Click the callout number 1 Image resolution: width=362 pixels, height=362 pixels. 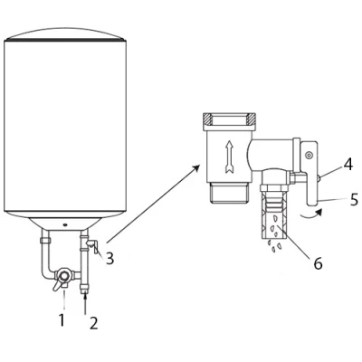62,319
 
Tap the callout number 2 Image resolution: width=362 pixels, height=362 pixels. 94,323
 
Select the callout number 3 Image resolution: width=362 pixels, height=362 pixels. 110,259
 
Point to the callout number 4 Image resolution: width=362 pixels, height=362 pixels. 348,164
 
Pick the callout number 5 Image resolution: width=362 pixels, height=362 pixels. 354,200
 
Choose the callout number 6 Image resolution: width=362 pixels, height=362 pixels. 318,263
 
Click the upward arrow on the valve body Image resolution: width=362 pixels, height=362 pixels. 229,157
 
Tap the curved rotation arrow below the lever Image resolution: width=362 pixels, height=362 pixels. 311,214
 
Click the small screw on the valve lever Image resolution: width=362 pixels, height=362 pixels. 308,156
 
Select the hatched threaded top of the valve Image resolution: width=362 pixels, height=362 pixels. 230,119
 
